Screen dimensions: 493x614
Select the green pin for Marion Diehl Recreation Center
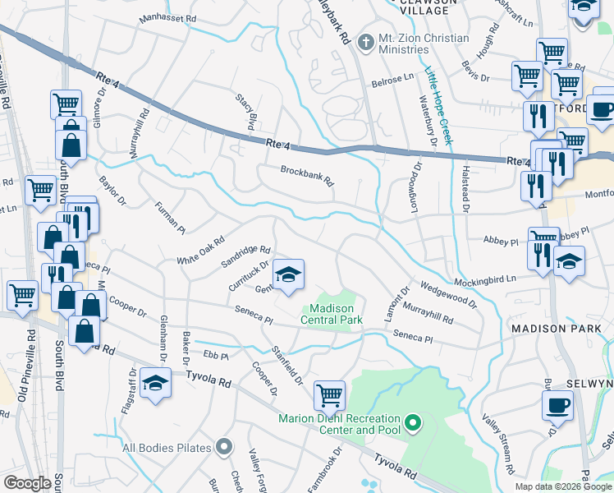(x=414, y=424)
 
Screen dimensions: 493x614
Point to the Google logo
(x=27, y=483)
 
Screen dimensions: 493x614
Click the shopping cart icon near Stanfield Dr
(x=329, y=395)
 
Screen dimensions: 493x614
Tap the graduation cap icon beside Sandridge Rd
(x=288, y=275)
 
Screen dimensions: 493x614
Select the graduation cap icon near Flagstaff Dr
(x=154, y=383)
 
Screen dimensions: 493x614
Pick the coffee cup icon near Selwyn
(x=557, y=405)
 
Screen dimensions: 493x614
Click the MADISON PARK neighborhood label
(x=556, y=329)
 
